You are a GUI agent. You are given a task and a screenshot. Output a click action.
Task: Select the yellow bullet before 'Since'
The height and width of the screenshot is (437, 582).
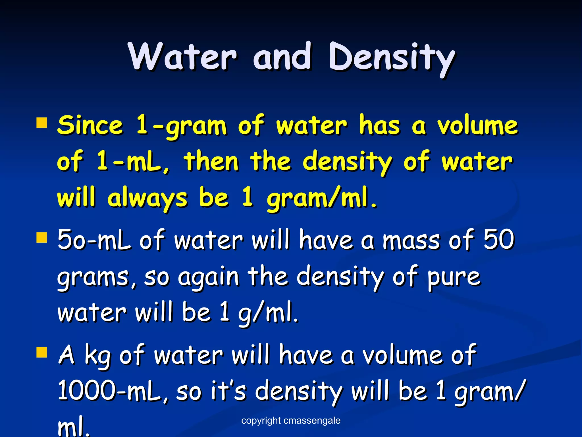point(42,123)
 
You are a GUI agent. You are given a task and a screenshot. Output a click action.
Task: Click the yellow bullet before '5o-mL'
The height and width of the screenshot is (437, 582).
point(42,238)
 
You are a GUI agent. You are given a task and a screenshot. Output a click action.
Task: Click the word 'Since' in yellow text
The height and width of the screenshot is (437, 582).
point(90,125)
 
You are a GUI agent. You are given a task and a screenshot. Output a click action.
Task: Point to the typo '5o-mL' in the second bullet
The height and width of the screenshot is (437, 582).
point(94,240)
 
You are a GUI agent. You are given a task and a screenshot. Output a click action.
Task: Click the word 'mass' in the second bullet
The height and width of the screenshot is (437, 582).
point(411,240)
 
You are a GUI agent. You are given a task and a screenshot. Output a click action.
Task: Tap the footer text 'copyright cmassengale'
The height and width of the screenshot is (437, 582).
point(291,420)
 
